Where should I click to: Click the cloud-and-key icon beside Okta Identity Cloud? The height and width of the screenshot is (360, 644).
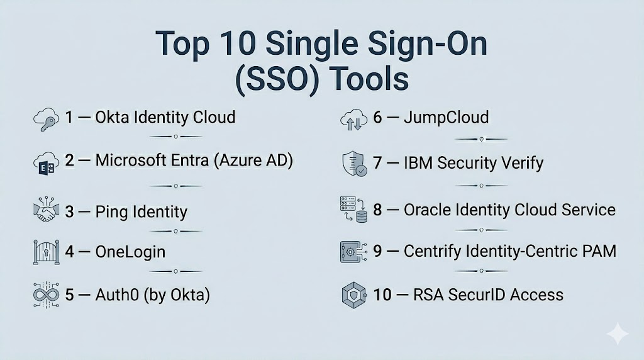(46, 119)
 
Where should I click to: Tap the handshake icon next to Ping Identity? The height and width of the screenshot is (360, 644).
(46, 210)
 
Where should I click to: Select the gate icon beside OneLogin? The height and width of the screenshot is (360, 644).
(46, 252)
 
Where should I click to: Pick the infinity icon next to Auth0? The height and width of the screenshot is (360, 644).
(46, 295)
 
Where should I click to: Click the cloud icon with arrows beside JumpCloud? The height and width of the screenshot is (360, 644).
(353, 120)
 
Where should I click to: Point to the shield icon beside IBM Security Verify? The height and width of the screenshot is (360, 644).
(355, 163)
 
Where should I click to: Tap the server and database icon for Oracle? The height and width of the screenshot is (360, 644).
(353, 209)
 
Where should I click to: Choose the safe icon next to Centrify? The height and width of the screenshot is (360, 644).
(353, 252)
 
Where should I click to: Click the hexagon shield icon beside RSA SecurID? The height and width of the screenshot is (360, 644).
(353, 295)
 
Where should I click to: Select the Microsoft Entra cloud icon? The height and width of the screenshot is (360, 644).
(46, 163)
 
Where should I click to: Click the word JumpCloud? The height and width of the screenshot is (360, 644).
(447, 118)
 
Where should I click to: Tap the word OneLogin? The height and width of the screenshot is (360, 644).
(130, 252)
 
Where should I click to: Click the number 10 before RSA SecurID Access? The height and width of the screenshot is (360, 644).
(382, 295)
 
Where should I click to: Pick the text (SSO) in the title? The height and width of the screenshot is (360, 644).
(277, 79)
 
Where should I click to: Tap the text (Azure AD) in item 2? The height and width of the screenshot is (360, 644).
(253, 160)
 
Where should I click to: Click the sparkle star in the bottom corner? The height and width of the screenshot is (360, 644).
(618, 334)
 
